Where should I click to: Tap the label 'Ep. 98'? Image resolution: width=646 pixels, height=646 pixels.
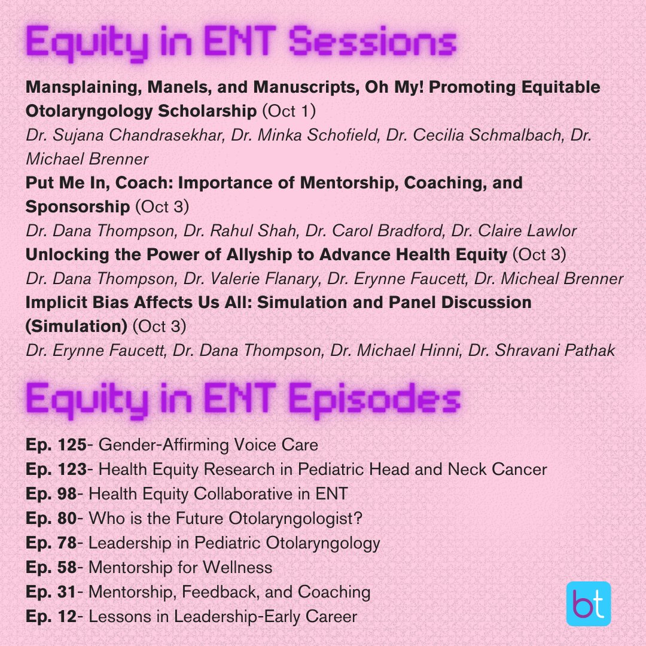click(49, 494)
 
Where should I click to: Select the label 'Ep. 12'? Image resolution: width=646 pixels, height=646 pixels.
click(49, 616)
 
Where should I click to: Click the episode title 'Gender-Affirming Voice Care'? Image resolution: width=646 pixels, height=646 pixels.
click(208, 445)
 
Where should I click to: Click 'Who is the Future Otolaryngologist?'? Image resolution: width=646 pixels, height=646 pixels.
click(225, 519)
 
